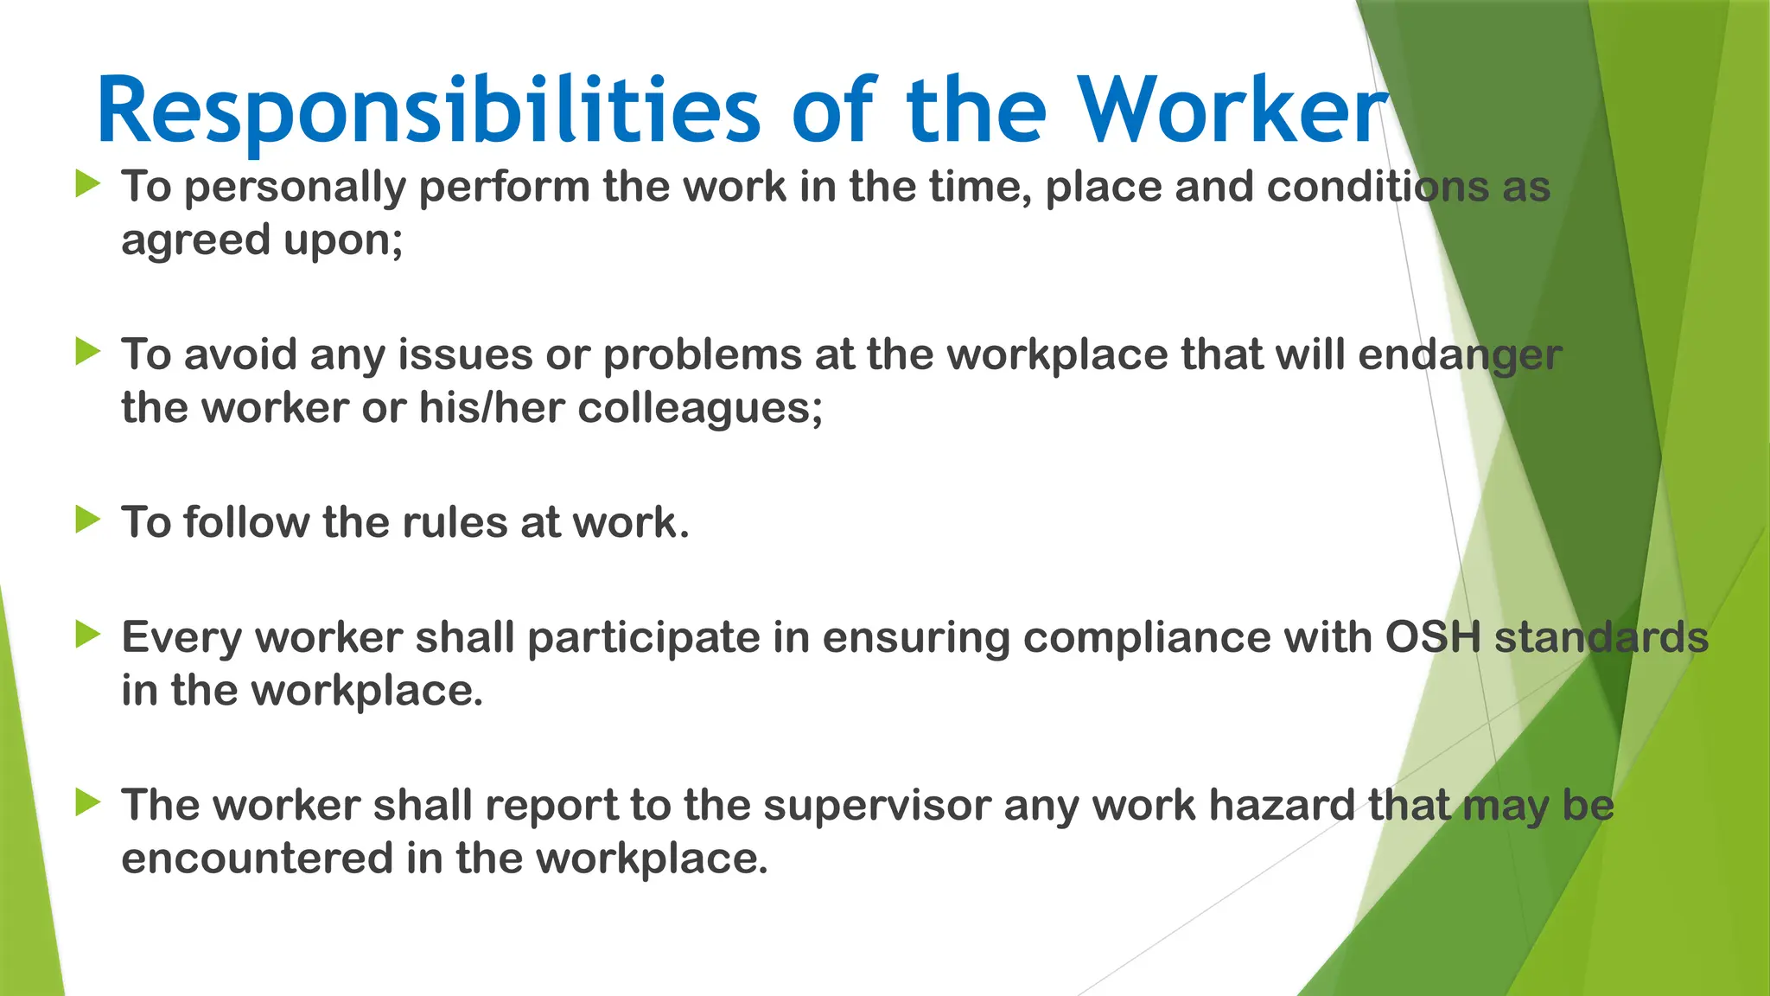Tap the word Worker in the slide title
pyautogui.click(x=1233, y=111)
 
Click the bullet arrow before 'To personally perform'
pyautogui.click(x=88, y=183)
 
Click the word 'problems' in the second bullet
pyautogui.click(x=703, y=356)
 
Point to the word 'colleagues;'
pyautogui.click(x=700, y=409)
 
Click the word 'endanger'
pyautogui.click(x=1460, y=356)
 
